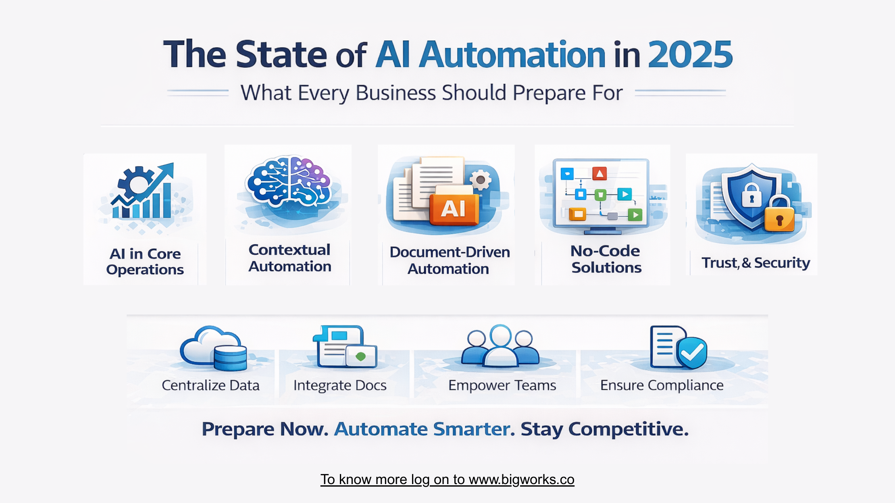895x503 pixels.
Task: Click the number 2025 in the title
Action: [690, 54]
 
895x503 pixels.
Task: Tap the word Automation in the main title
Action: [512, 54]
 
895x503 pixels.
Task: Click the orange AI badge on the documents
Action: [454, 208]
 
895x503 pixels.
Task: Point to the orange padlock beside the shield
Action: [779, 215]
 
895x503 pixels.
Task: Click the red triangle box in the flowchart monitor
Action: [599, 174]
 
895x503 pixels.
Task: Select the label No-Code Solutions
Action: [606, 259]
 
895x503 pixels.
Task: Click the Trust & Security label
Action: [756, 263]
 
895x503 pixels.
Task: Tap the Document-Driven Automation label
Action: [449, 260]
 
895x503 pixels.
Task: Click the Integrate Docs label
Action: [340, 385]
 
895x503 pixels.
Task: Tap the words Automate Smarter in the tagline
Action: [425, 429]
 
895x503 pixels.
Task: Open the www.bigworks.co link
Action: [521, 480]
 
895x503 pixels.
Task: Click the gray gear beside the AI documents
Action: [480, 180]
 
